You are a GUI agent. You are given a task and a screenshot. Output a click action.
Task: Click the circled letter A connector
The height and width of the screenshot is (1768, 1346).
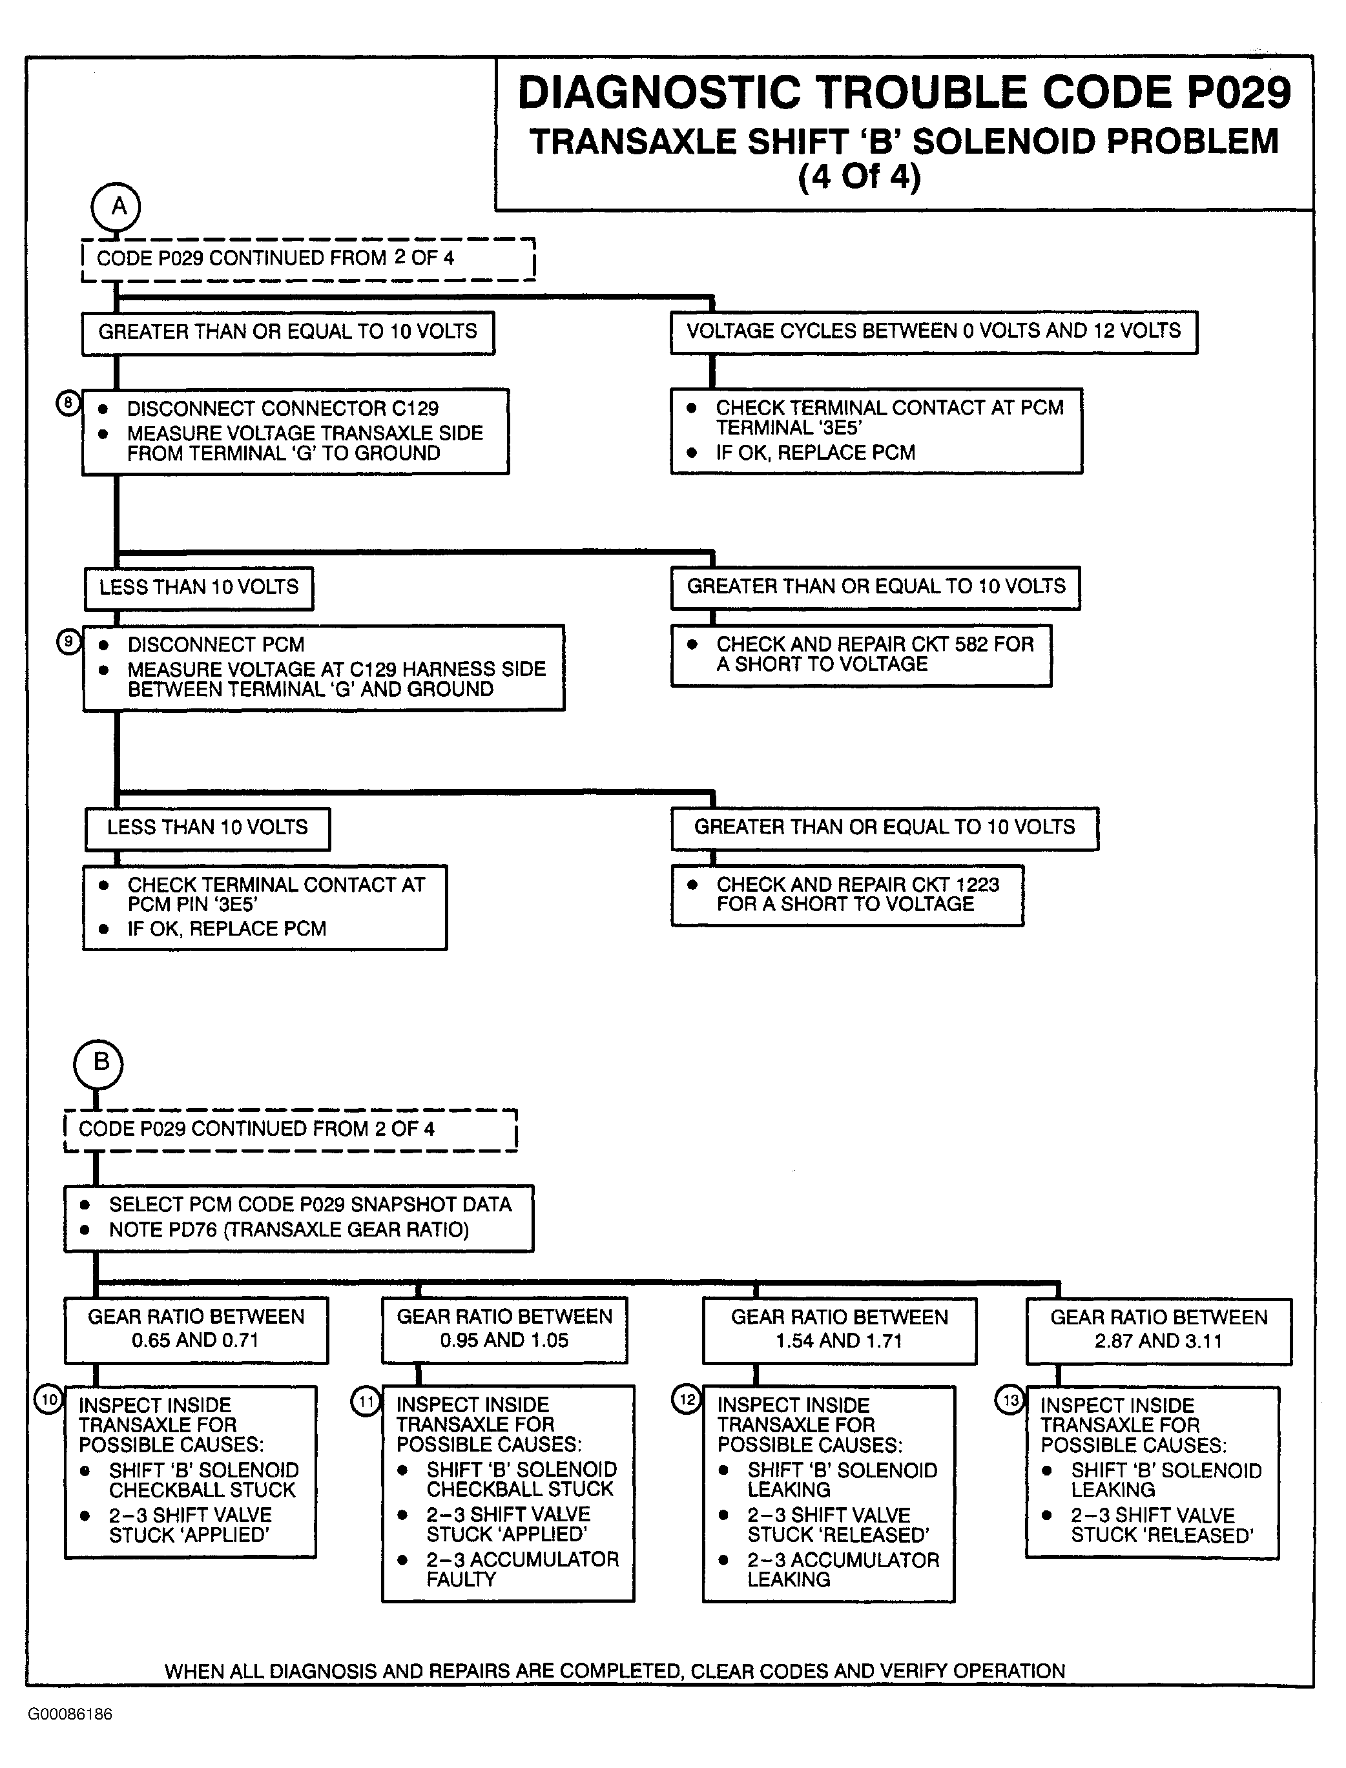(116, 207)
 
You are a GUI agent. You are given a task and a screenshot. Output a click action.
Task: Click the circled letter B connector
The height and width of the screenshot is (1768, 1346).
(99, 1064)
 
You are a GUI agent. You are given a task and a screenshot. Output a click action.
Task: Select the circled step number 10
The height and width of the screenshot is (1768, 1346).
(49, 1399)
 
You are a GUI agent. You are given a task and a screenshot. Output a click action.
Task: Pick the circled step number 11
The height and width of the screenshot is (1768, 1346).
(366, 1401)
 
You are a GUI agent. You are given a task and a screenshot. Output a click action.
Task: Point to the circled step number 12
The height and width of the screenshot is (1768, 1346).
(687, 1399)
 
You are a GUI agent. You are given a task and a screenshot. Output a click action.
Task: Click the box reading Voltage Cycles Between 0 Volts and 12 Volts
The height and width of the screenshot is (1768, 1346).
(934, 333)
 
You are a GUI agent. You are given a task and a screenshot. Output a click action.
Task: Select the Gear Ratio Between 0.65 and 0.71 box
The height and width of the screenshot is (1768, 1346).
(196, 1330)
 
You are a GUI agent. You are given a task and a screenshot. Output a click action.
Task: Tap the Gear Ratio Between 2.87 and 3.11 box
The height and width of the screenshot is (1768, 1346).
(1159, 1331)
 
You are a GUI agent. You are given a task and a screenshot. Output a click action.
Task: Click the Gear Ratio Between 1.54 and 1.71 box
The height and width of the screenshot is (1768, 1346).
(840, 1331)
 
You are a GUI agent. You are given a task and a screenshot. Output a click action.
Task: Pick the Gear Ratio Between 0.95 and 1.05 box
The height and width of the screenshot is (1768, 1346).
(505, 1330)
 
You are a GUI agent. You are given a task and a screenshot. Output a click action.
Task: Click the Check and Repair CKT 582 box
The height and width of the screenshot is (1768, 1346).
(862, 655)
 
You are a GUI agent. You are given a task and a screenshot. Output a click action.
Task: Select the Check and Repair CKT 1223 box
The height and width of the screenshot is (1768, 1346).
(847, 896)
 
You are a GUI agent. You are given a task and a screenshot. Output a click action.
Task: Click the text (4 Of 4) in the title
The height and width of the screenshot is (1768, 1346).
(860, 176)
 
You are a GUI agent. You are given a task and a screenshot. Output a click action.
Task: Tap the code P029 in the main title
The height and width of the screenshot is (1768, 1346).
(1239, 92)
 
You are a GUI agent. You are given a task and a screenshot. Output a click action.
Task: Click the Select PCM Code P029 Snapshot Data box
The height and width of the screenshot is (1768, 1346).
(299, 1218)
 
